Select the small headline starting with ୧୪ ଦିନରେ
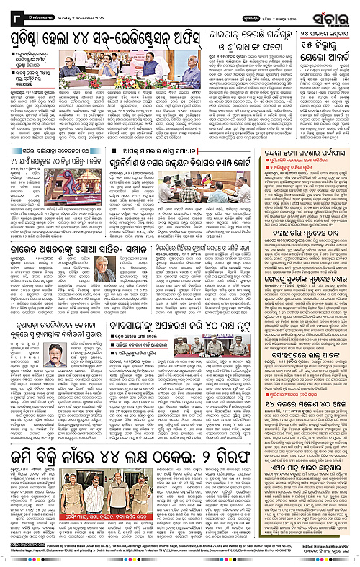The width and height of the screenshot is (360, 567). pyautogui.click(x=302, y=431)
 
